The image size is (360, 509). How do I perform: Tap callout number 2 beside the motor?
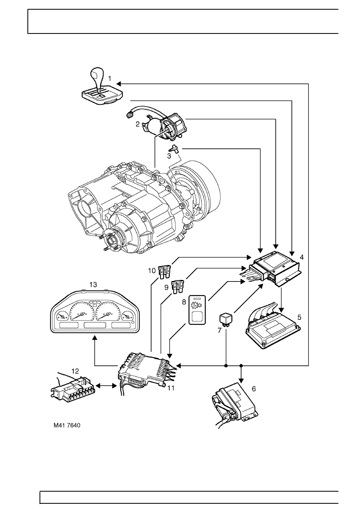tap(138, 125)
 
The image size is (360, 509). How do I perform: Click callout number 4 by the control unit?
tap(302, 257)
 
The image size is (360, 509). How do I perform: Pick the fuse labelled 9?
tap(177, 287)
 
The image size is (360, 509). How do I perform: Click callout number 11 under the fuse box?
tap(171, 388)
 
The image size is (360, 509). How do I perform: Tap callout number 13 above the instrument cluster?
tap(93, 284)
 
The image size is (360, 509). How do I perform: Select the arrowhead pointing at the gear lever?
tap(121, 84)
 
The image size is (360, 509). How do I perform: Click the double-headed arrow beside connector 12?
tap(104, 386)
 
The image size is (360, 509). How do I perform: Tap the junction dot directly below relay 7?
tap(226, 366)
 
